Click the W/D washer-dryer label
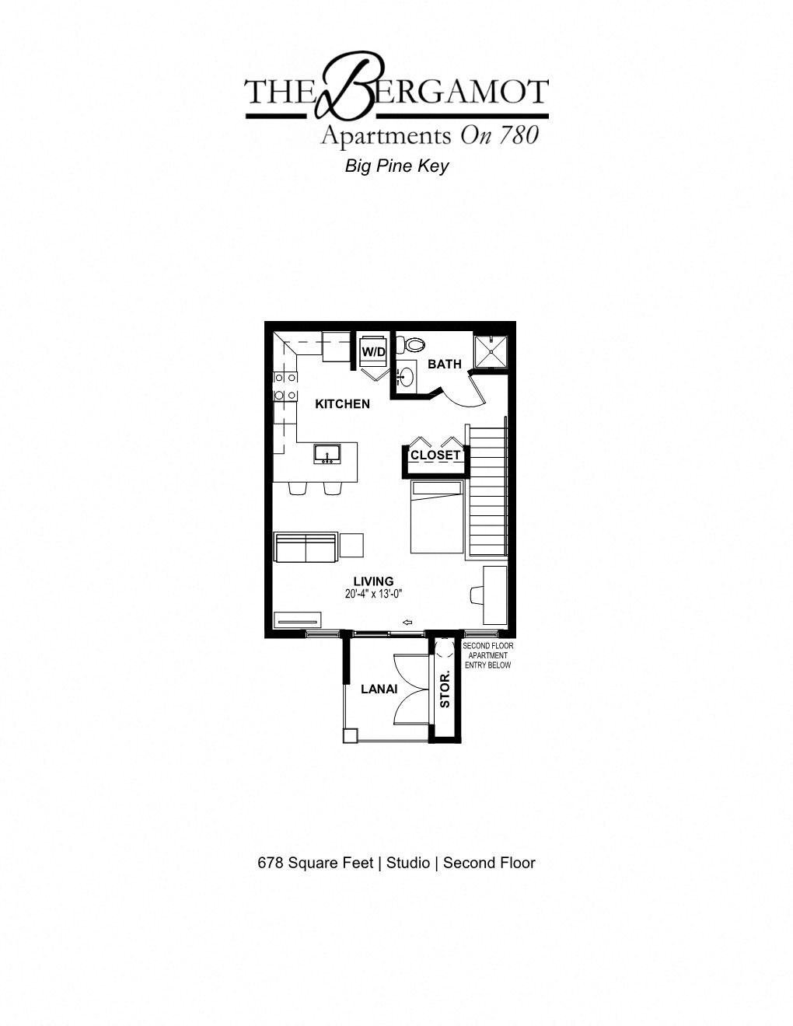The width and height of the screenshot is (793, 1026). [x=373, y=352]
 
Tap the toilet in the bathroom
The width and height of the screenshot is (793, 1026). [x=413, y=344]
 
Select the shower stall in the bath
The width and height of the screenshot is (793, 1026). [x=491, y=351]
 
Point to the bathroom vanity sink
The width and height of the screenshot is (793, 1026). [x=405, y=378]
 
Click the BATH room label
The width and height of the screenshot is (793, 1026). [x=444, y=364]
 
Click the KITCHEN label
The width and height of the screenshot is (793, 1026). [x=342, y=403]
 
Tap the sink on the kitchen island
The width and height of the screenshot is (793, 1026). [x=327, y=454]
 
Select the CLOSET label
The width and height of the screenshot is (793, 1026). [x=435, y=455]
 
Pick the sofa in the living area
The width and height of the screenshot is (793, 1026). [x=306, y=547]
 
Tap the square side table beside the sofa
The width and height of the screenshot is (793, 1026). [x=351, y=545]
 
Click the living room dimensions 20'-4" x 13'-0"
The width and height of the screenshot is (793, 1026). [x=374, y=594]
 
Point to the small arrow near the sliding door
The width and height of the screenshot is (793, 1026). [x=407, y=622]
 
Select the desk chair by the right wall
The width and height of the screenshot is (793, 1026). [x=476, y=595]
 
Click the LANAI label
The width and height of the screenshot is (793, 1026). [x=379, y=689]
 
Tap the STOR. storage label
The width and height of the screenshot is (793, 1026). [x=445, y=689]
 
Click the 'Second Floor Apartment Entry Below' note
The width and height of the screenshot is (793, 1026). [x=487, y=655]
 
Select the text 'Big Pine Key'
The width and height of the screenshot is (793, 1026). [x=396, y=166]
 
